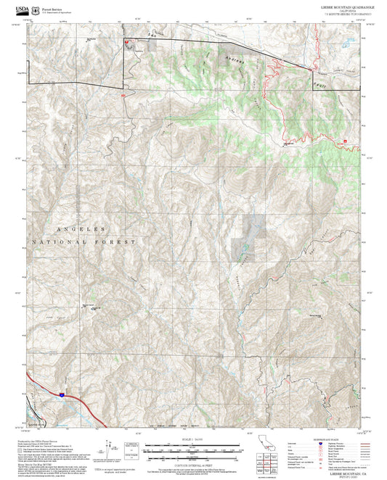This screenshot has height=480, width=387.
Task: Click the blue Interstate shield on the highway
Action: [x=63, y=394]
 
